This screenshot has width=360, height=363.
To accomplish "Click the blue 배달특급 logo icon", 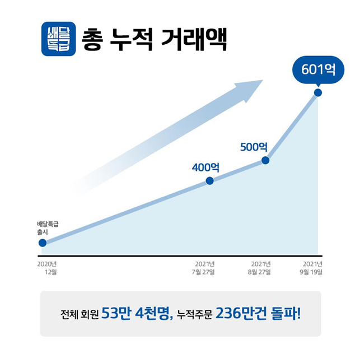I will (58, 39).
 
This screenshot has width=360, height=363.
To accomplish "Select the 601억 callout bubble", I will (318, 70).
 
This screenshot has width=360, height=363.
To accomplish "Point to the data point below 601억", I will (318, 92).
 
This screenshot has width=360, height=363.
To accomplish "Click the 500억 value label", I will (254, 147).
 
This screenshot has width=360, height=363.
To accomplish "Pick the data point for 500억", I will (265, 160).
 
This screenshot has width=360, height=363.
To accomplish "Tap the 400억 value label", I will (205, 167).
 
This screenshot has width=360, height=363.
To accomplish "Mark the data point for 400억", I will (210, 180).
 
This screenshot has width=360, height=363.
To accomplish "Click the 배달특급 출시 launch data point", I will (43, 243).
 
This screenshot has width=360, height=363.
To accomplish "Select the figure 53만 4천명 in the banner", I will (137, 314).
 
